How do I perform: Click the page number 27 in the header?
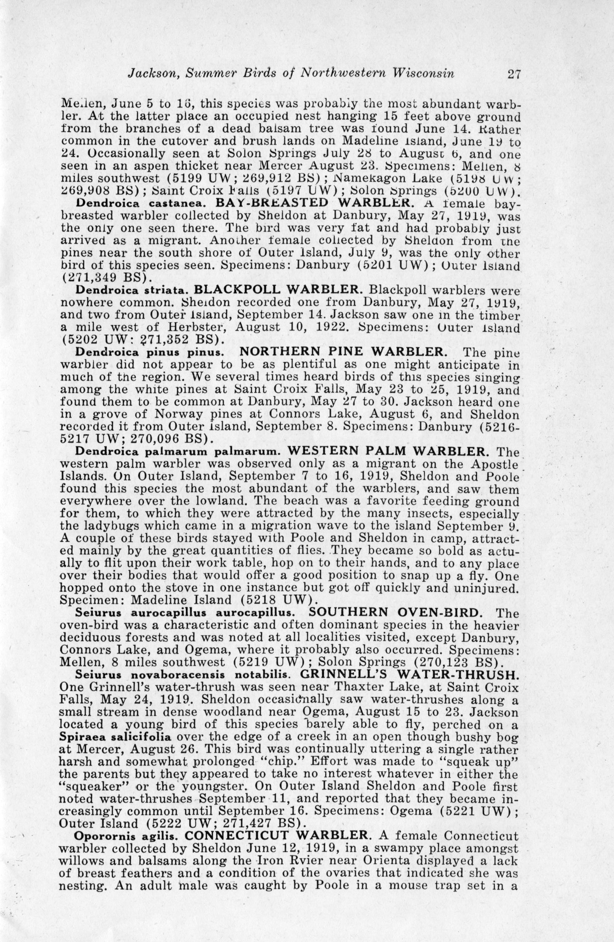click(513, 75)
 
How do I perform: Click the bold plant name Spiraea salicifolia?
click(115, 737)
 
